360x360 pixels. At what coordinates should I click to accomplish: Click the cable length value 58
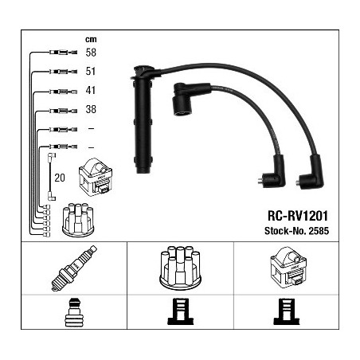tap(91, 53)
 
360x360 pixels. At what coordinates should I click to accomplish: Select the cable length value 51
tap(91, 71)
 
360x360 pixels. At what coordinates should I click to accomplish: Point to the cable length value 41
tap(91, 90)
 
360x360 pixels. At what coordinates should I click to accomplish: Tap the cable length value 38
tap(91, 109)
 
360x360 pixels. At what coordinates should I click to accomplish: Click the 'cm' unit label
tap(91, 39)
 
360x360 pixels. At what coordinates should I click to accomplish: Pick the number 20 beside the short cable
tap(60, 178)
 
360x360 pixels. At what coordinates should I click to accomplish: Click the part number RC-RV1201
tap(298, 216)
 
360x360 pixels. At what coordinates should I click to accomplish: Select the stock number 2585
tap(319, 230)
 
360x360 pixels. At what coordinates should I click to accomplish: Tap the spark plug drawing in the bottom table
tap(74, 268)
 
